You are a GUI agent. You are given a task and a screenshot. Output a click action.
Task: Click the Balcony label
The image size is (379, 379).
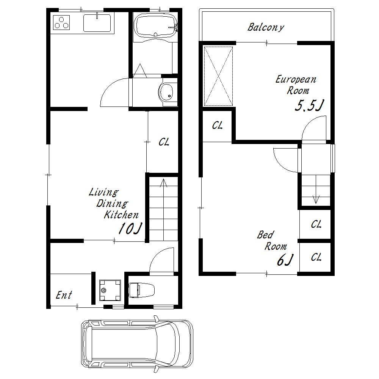click(266, 27)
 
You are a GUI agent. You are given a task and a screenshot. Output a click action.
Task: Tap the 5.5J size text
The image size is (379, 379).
click(309, 105)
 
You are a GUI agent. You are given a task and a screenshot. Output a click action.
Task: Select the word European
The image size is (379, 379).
click(296, 80)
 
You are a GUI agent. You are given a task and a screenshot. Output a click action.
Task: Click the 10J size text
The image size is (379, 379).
click(130, 228)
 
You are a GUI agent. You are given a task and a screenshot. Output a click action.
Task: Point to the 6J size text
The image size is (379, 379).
click(285, 260)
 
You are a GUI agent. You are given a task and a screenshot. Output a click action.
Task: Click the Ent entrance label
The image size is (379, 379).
click(64, 295)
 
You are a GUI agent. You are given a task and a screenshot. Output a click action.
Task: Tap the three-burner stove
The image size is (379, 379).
click(61, 22)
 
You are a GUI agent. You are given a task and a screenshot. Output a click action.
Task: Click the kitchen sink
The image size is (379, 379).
click(97, 23)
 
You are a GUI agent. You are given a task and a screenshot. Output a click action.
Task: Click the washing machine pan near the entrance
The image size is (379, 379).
click(110, 290)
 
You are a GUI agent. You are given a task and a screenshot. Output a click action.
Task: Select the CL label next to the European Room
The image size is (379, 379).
click(217, 125)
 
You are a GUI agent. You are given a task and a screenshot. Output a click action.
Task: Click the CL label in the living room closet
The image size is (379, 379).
click(164, 142)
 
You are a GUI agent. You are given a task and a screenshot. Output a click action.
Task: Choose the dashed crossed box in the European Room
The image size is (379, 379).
click(218, 77)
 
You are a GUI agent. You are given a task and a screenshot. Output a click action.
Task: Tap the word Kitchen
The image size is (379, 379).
click(121, 215)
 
